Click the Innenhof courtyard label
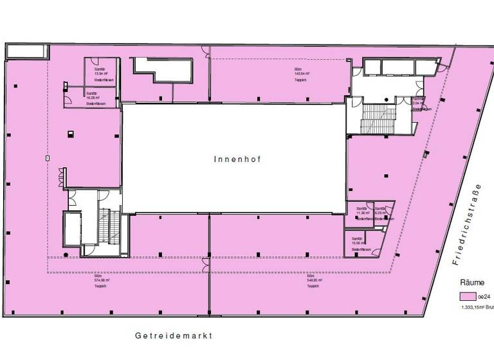coord(233,158)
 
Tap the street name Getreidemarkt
coord(173,336)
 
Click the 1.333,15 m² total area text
coord(477,308)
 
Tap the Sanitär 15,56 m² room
coord(361,244)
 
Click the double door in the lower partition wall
coord(206,262)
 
